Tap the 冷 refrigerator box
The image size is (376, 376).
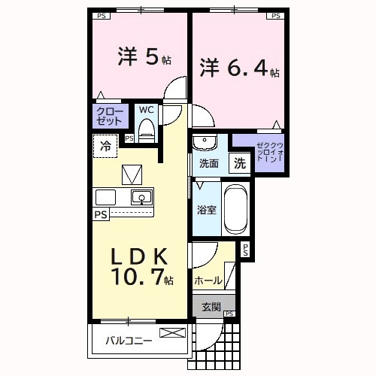click(106, 145)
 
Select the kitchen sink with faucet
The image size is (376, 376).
click(141, 198)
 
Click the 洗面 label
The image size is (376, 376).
click(208, 163)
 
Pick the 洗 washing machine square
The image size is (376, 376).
click(238, 162)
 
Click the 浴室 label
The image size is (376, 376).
click(208, 210)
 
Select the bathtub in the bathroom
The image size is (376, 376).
click(236, 209)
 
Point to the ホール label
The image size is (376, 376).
click(208, 280)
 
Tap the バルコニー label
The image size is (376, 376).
click(128, 340)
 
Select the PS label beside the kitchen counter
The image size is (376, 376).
click(100, 214)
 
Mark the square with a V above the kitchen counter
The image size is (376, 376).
click(132, 174)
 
